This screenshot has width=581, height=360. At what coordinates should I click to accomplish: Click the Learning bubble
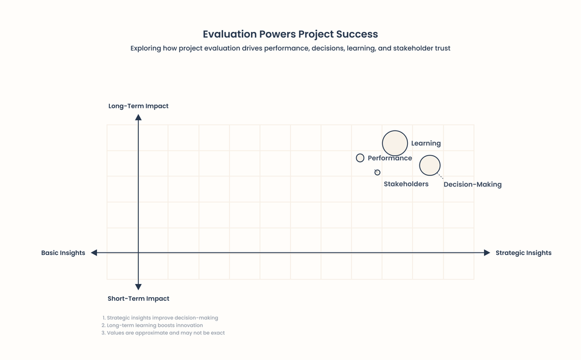point(394,143)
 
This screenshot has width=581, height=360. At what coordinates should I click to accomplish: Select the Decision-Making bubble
point(430,165)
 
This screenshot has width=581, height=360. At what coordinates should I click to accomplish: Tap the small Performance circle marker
point(360,158)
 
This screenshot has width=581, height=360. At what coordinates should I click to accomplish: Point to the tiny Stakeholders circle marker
point(378,172)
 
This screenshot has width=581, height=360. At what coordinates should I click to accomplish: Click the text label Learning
point(426,143)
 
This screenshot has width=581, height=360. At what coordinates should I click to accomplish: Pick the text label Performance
point(390,158)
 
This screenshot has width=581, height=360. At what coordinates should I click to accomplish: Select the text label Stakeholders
point(406,184)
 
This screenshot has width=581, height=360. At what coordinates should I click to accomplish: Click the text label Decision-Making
point(472,185)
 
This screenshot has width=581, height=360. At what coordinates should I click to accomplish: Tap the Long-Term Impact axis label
point(138,106)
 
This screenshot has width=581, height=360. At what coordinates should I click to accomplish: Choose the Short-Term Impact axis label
point(138,298)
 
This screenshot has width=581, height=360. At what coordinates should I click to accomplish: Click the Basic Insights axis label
point(63,253)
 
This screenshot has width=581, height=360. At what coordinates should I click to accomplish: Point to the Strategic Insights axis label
point(523,253)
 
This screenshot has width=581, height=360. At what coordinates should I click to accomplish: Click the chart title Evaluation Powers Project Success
point(290,34)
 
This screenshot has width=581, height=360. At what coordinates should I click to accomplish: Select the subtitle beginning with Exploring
point(290,48)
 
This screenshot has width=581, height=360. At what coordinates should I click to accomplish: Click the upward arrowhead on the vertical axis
point(138,117)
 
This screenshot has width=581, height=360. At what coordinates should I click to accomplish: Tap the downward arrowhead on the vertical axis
point(138,286)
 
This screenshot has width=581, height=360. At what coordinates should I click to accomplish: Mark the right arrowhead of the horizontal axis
point(487,253)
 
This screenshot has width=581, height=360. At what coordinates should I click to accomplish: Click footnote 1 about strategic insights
point(160,318)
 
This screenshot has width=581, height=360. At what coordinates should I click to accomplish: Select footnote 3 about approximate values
point(163,333)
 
